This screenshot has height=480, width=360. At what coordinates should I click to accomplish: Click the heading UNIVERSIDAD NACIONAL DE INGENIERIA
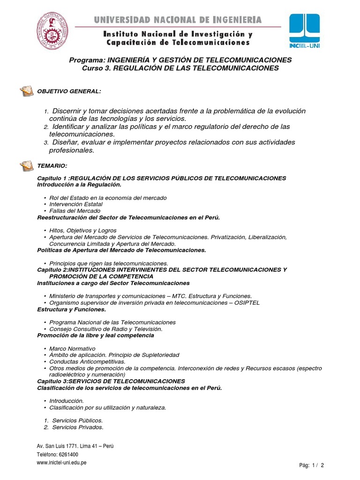[178, 20]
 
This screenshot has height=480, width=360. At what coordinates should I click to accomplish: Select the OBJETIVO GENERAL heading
[69, 91]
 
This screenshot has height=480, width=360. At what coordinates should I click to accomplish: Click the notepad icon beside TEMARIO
[26, 165]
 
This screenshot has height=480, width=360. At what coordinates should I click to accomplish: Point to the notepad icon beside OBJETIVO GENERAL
[26, 90]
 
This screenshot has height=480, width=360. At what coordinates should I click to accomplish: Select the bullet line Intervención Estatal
[75, 204]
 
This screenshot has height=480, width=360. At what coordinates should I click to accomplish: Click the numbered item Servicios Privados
[77, 427]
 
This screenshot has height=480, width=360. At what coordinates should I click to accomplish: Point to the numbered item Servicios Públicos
[77, 420]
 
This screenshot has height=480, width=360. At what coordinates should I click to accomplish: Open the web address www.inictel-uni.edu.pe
[61, 463]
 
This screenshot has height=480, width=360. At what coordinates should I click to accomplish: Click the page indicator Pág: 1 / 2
[312, 465]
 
